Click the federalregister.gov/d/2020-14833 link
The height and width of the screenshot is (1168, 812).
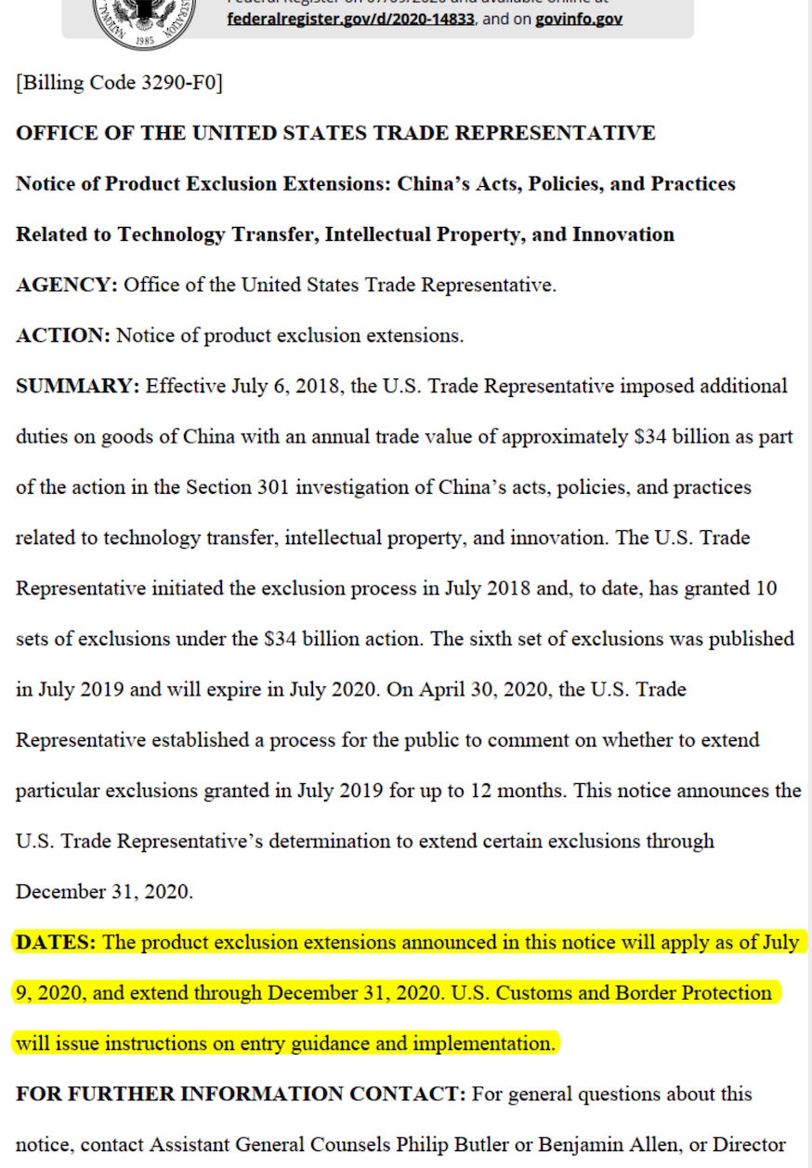[351, 19]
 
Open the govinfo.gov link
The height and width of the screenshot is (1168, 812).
[579, 19]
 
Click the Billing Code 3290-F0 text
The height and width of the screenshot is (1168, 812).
[119, 83]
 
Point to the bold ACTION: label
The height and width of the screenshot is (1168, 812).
[63, 336]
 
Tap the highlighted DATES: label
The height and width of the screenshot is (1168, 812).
[56, 942]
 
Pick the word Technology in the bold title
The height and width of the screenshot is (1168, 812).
[171, 234]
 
